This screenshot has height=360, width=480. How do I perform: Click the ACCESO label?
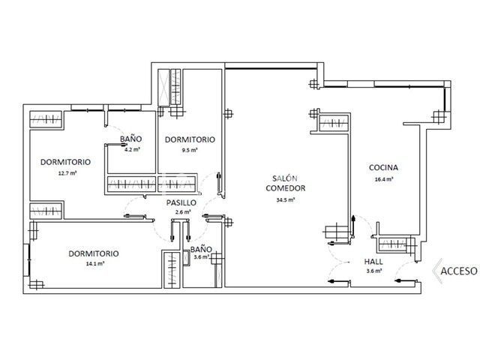458,271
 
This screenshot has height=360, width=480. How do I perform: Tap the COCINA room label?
383,167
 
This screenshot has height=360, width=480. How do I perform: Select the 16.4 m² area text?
384,179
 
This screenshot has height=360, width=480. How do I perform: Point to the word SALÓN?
285,178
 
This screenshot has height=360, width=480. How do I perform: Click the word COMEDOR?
285,188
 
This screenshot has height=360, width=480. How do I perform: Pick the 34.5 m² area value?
285,200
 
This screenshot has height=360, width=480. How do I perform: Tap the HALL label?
373,262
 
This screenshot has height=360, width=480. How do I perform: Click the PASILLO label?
181,202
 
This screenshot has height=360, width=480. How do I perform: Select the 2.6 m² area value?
183,211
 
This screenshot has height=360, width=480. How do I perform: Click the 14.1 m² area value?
95,263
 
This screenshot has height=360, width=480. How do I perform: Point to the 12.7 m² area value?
67,172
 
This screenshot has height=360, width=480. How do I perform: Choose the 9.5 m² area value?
190,150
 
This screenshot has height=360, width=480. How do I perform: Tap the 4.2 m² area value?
132,150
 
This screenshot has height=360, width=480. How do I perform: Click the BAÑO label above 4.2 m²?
130,139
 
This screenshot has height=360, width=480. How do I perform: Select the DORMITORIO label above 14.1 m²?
94,253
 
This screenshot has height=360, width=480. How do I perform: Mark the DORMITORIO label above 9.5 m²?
190,139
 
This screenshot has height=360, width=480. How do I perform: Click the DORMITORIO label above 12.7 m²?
65,162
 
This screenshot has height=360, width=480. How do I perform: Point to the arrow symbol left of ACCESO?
437,271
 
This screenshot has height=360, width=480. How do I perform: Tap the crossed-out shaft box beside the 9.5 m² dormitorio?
163,88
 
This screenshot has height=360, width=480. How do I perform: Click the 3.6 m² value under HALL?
374,271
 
